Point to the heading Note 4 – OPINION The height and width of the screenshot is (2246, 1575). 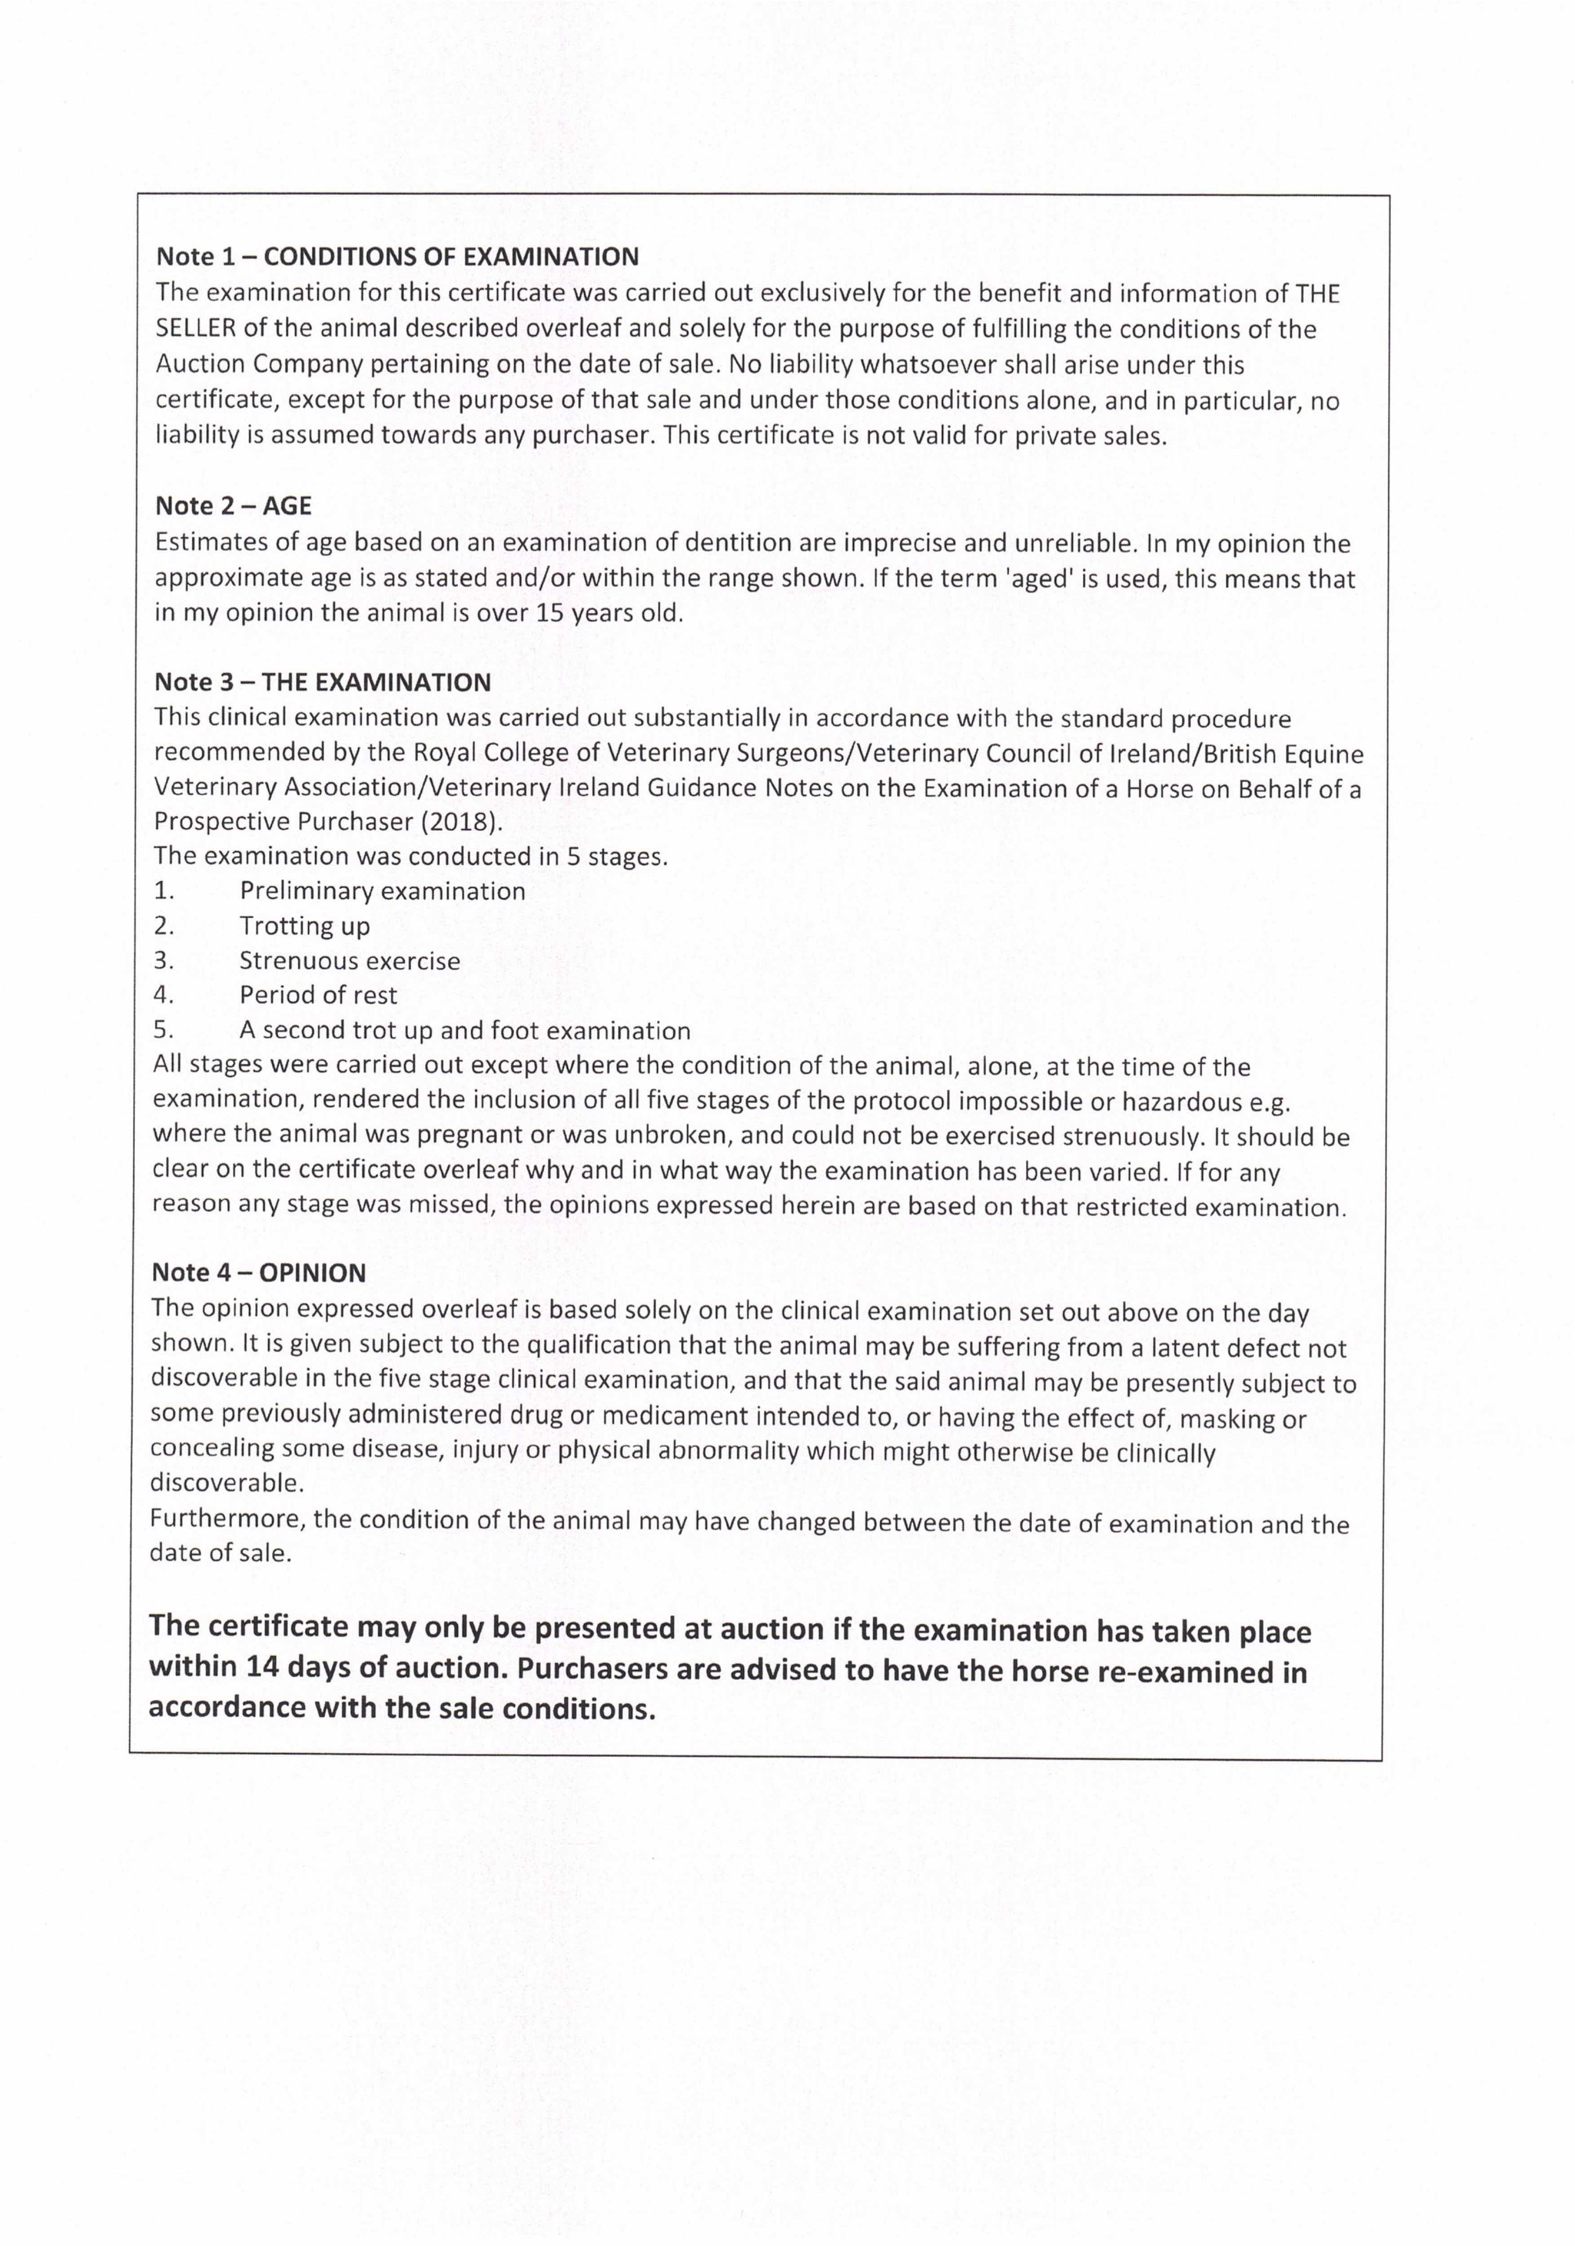(259, 1273)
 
